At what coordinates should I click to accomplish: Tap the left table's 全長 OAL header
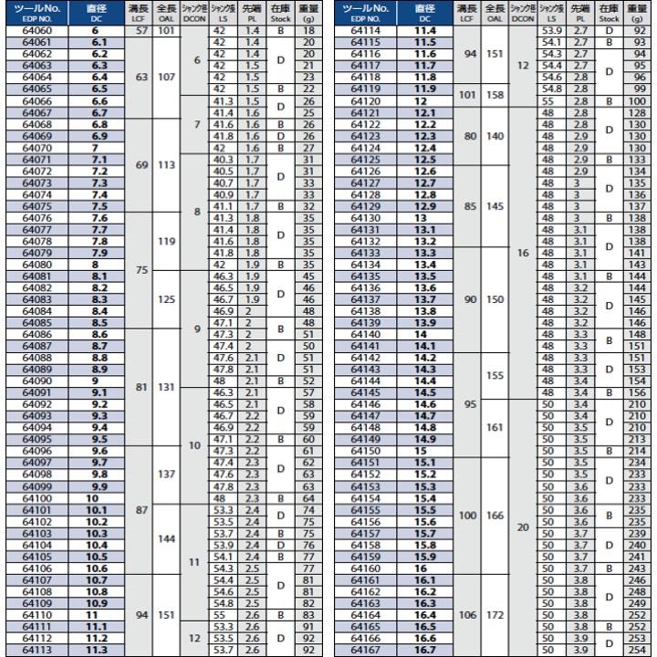coord(166,13)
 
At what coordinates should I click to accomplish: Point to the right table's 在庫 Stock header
coord(610,13)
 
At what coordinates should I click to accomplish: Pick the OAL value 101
coord(166,31)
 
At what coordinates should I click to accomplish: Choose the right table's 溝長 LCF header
coord(467,13)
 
